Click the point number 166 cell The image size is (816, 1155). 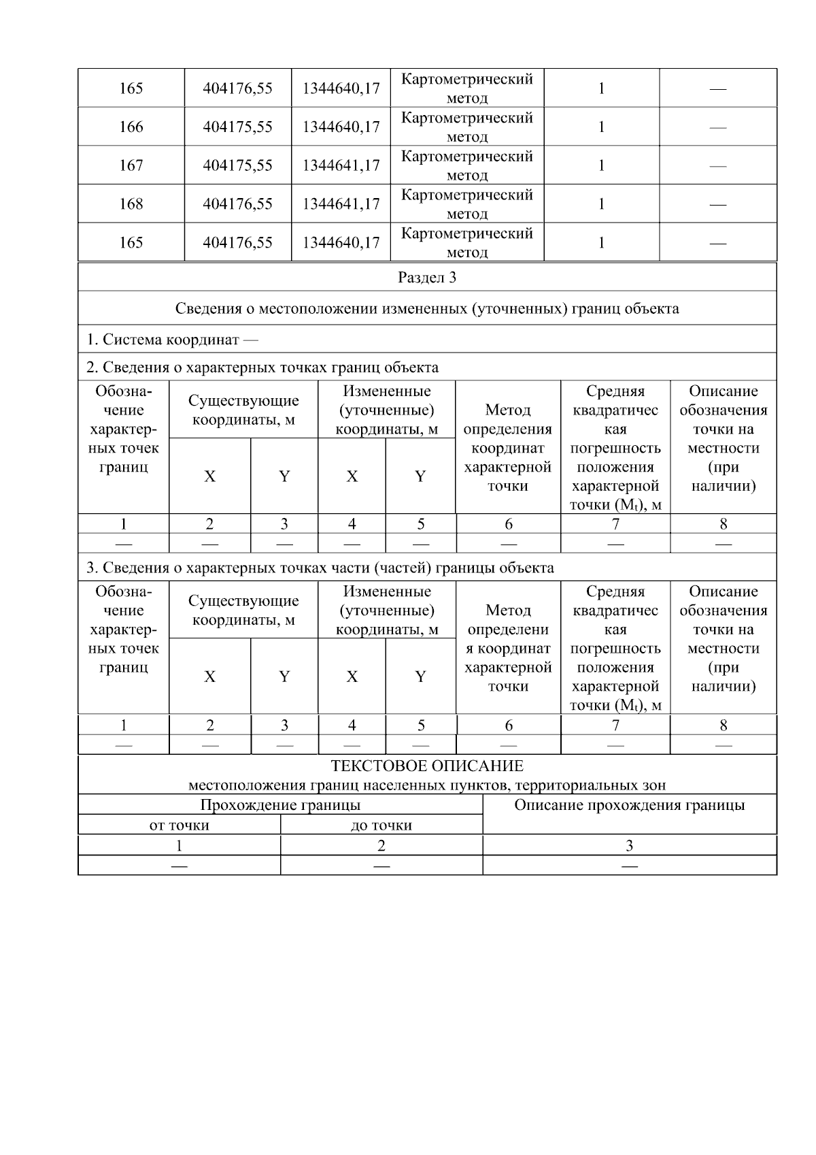pos(131,127)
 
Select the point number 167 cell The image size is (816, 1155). pos(131,165)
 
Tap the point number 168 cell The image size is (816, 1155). pos(131,204)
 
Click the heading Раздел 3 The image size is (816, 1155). pos(427,278)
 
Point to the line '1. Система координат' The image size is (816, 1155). pos(172,339)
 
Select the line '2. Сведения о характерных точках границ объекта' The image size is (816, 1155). pos(262,368)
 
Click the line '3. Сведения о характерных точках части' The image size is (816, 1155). pos(320,568)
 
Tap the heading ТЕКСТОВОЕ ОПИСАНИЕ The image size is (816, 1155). pos(427,766)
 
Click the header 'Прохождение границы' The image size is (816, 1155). pos(280,805)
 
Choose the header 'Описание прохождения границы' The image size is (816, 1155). pos(629,806)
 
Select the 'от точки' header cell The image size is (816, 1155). pos(179,826)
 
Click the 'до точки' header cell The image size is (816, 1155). pos(381,826)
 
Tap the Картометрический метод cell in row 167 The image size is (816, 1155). pos(466,165)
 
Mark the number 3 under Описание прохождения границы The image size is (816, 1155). pos(629,846)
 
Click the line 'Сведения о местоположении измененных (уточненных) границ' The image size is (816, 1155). pos(427,308)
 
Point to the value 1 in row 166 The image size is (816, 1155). pos(601,127)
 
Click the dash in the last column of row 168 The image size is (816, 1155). pos(717,204)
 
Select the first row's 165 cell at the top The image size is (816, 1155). pos(131,88)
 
